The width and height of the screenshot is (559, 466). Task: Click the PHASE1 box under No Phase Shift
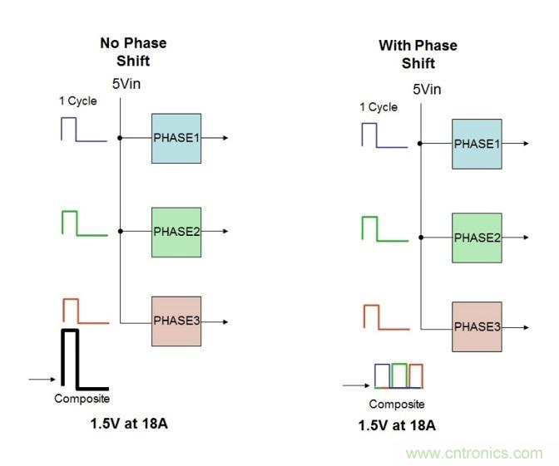(x=176, y=138)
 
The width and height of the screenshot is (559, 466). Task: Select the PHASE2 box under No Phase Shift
(x=176, y=232)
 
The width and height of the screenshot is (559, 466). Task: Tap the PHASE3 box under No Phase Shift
(x=176, y=321)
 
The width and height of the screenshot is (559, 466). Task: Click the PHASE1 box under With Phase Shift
(x=477, y=144)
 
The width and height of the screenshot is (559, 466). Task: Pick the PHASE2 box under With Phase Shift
(x=477, y=238)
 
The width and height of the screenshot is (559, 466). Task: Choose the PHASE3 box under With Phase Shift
(x=477, y=327)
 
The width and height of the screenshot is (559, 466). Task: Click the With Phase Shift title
(x=418, y=54)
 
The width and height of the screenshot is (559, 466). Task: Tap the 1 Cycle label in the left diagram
(x=77, y=101)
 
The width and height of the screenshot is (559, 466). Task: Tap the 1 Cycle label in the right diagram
(x=378, y=107)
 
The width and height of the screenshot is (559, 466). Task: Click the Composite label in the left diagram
(x=82, y=399)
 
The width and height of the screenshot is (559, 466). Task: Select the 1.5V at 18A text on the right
(x=397, y=426)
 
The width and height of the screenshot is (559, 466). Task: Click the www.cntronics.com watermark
(x=475, y=454)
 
